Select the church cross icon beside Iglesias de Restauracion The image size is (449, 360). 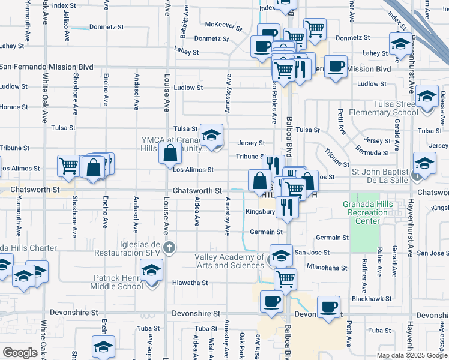coord(170,247)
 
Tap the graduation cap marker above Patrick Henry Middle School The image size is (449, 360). coord(152,271)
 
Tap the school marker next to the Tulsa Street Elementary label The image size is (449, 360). coord(426,96)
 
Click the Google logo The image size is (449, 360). coord(20,353)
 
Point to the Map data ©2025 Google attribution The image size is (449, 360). coord(411,355)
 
